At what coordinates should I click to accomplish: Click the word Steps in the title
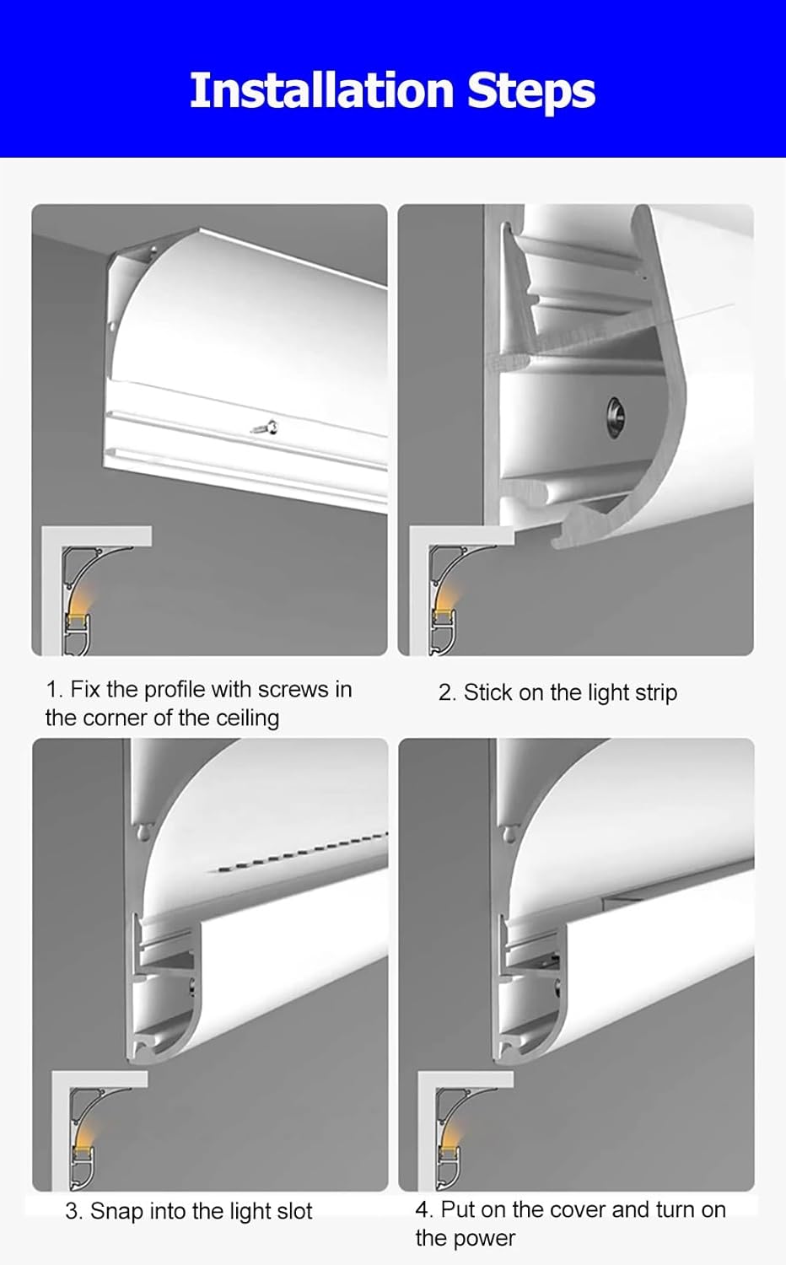pyautogui.click(x=531, y=92)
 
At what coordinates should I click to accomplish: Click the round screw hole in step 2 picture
pyautogui.click(x=614, y=413)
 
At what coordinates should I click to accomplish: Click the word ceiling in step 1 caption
pyautogui.click(x=247, y=718)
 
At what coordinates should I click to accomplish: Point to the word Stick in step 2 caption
pyautogui.click(x=487, y=692)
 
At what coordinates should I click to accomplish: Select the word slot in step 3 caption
pyautogui.click(x=293, y=1211)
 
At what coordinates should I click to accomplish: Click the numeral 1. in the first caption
pyautogui.click(x=54, y=689)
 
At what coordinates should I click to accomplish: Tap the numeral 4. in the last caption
pyautogui.click(x=424, y=1209)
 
